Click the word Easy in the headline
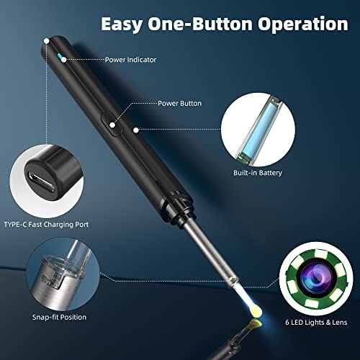pyautogui.click(x=125, y=24)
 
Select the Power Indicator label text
pyautogui.click(x=130, y=60)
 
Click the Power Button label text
pyautogui.click(x=179, y=103)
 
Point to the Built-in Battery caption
pyautogui.click(x=256, y=174)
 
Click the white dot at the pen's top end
pyautogui.click(x=47, y=42)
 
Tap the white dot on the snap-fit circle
pyautogui.click(x=93, y=266)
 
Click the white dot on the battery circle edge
pyautogui.click(x=222, y=130)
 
